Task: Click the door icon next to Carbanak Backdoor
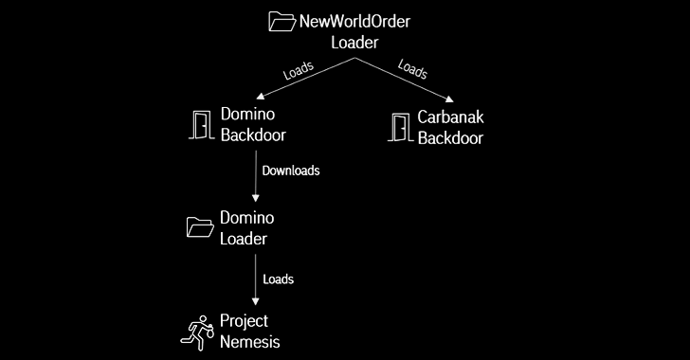(399, 127)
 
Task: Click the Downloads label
(290, 172)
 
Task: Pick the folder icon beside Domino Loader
(199, 225)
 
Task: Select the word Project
(245, 321)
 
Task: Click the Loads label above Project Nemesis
(278, 279)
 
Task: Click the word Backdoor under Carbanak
(450, 138)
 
